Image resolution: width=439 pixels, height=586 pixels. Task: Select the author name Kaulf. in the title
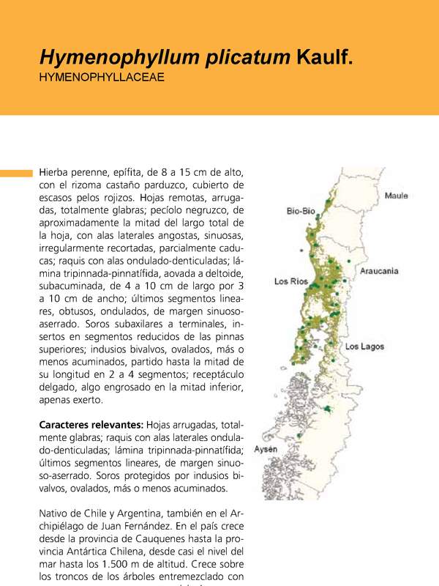tap(325, 58)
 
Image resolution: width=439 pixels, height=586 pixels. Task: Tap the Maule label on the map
tap(396, 196)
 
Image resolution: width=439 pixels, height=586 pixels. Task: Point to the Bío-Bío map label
tap(300, 212)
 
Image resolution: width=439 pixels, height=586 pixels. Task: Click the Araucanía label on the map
tap(379, 271)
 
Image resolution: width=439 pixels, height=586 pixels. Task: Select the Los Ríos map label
tap(290, 281)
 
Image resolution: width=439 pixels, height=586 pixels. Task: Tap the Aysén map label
tap(266, 448)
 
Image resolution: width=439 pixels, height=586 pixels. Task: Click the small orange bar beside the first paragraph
tap(16, 174)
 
